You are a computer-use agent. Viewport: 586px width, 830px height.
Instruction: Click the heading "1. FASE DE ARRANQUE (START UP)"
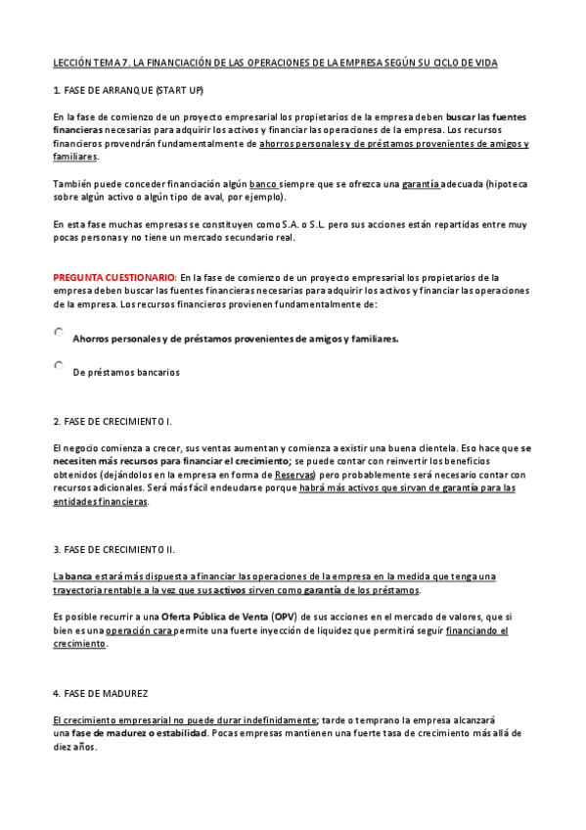click(x=128, y=90)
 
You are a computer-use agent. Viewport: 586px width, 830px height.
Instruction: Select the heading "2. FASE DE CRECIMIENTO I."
click(x=113, y=422)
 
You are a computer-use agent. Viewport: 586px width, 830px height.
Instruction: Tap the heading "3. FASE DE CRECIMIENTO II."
click(x=114, y=549)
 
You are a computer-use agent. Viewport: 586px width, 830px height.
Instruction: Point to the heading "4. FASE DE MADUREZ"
click(x=101, y=693)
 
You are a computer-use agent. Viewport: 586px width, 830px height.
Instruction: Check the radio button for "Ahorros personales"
click(x=59, y=334)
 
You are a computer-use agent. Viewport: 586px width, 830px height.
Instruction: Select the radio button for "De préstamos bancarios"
click(x=59, y=366)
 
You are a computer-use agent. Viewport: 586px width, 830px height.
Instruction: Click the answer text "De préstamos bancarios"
click(x=126, y=372)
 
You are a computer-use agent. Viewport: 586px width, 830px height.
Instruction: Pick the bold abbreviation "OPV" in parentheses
click(x=285, y=618)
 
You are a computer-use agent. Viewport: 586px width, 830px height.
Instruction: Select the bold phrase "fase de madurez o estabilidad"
click(x=138, y=733)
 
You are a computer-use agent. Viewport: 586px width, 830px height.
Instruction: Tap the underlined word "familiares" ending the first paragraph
click(x=75, y=157)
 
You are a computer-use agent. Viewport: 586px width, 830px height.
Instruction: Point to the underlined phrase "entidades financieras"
click(x=101, y=501)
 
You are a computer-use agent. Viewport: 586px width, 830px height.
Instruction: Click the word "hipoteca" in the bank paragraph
click(x=508, y=183)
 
